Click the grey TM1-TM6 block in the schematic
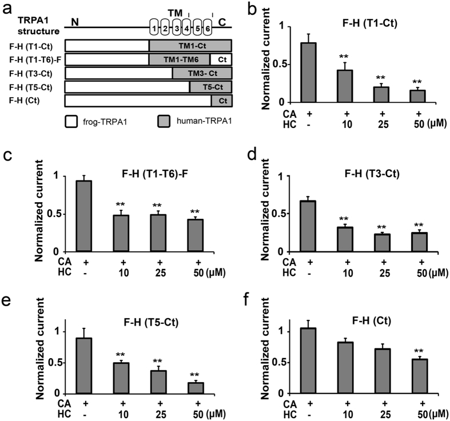[179, 59]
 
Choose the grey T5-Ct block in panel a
[210, 87]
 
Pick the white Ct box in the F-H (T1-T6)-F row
[221, 59]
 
